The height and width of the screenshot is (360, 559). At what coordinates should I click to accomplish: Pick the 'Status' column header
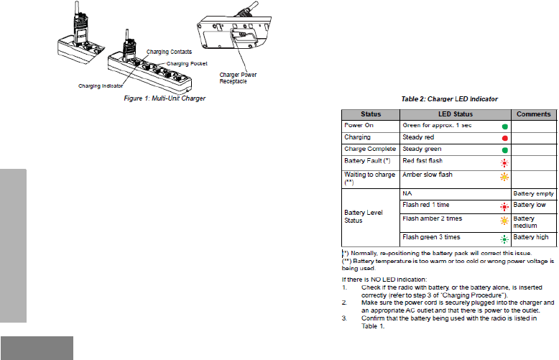point(371,114)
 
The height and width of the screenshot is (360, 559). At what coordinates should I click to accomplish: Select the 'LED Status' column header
point(455,114)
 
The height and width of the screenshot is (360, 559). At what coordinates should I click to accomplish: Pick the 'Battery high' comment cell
point(532,237)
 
